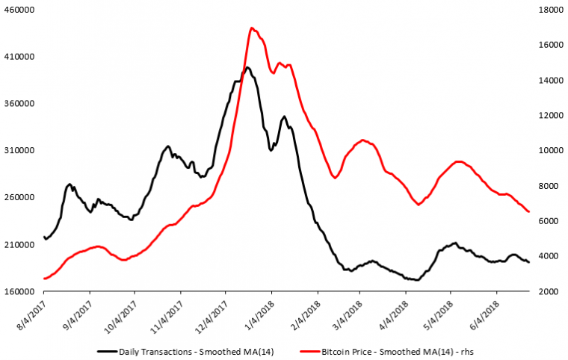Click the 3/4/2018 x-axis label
coord(349,317)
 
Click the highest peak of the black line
coord(247,67)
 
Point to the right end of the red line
coord(528,212)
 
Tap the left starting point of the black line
coord(45,238)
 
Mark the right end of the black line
coord(529,262)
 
